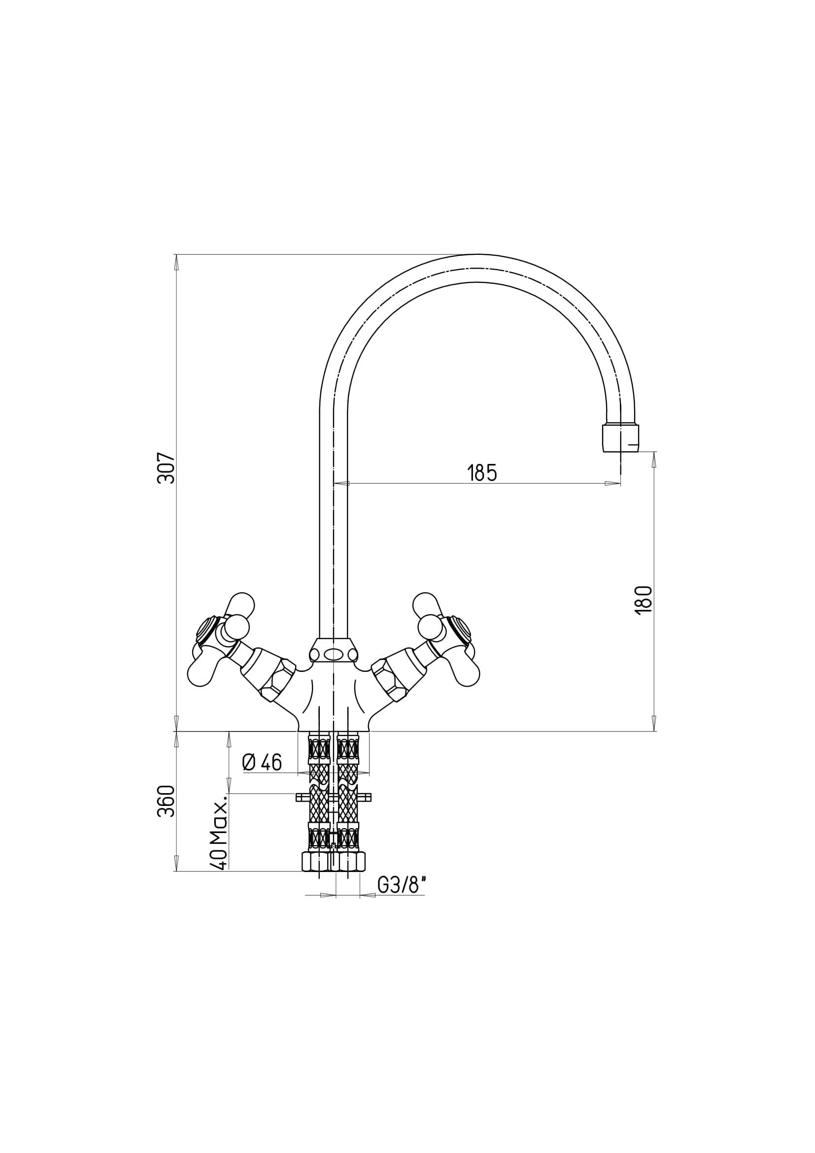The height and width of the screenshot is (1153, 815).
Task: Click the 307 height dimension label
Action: point(167,468)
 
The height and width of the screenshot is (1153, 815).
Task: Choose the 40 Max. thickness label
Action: point(219,832)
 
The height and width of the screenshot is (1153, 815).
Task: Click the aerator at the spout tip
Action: point(620,438)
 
